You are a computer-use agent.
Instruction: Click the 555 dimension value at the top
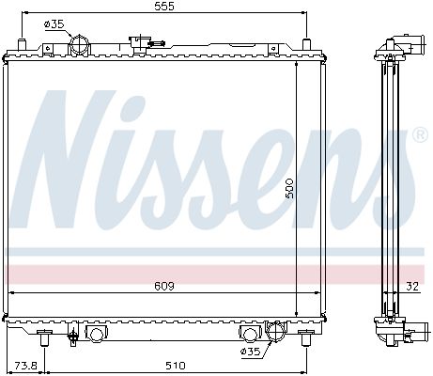[x=164, y=7]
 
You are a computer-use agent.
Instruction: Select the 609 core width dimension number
[x=164, y=286]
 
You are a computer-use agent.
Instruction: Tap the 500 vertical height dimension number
[x=288, y=188]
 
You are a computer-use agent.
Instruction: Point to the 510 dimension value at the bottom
[x=176, y=366]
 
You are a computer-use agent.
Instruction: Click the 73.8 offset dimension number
[x=26, y=366]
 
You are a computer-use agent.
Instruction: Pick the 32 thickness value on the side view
[x=412, y=287]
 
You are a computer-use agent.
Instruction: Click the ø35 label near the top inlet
[x=54, y=24]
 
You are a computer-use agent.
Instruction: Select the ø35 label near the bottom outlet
[x=251, y=352]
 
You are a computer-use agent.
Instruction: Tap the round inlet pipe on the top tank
[x=80, y=45]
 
